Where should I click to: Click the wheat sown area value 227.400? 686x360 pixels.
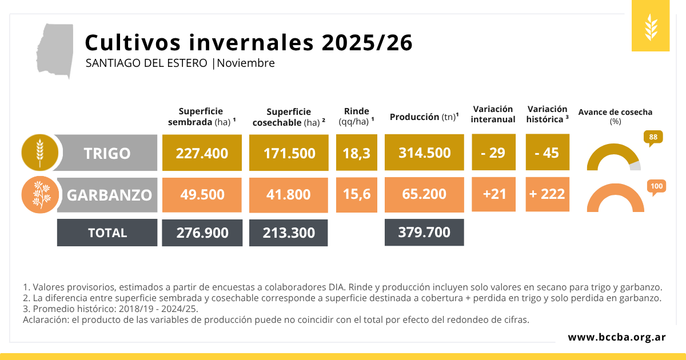[x=202, y=153]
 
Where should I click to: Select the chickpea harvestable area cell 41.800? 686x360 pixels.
[x=289, y=194]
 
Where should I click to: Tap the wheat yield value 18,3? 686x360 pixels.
[x=356, y=153]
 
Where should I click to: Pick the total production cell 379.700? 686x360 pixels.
[x=424, y=232]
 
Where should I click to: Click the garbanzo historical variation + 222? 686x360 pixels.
[x=547, y=194]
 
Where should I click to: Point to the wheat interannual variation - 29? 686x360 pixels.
[x=493, y=153]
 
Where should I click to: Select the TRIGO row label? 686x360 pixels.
[x=107, y=153]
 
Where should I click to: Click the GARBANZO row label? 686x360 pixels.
[x=109, y=195]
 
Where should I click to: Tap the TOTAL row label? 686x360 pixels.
[x=107, y=233]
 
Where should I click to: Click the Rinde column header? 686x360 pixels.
[x=356, y=116]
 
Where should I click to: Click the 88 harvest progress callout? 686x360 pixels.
[x=653, y=137]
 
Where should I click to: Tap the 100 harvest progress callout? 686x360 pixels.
[x=656, y=186]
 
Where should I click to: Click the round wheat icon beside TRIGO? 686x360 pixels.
[x=39, y=153]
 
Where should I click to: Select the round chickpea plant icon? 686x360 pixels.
[x=39, y=194]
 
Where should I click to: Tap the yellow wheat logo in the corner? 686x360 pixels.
[x=650, y=26]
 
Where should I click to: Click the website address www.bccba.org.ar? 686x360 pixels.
[x=616, y=337]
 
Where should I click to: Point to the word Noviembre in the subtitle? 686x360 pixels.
[x=246, y=63]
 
